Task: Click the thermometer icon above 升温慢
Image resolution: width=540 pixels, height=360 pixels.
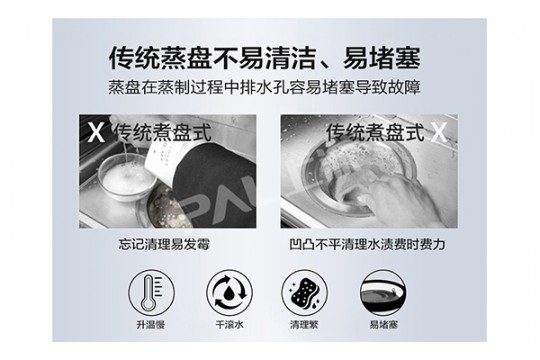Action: [152, 292]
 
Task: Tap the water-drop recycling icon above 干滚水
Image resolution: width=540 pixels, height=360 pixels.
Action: [229, 292]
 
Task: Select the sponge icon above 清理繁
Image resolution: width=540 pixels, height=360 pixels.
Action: [304, 292]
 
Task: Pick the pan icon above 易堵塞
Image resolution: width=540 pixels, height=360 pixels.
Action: [383, 292]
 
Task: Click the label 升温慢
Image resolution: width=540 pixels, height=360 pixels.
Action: [151, 325]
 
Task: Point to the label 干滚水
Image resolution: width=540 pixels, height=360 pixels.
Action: [229, 325]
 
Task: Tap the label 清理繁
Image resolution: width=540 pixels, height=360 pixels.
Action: [304, 325]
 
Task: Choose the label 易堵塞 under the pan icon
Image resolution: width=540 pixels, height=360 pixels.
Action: [384, 325]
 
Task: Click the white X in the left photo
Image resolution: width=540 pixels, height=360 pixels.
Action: [95, 133]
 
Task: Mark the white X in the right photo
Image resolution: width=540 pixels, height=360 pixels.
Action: [439, 133]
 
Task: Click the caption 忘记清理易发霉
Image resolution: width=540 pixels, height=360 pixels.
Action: [164, 245]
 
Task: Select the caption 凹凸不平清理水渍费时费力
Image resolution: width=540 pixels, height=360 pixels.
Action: [367, 245]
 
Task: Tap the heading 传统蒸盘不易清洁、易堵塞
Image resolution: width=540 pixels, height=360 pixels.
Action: [264, 59]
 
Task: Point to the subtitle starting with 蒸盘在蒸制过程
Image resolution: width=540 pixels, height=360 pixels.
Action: [264, 88]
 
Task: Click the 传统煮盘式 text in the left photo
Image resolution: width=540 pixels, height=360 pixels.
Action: [163, 133]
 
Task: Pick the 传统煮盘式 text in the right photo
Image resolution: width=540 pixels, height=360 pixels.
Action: [375, 133]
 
